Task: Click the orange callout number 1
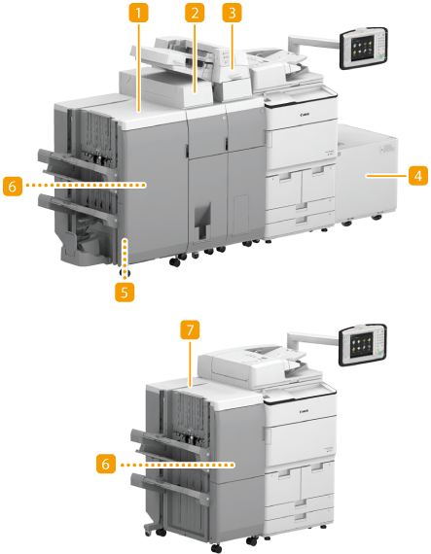coord(138,13)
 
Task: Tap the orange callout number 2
coord(195,13)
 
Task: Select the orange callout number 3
coord(232,13)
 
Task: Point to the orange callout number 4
coord(418,176)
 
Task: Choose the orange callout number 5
coord(125,292)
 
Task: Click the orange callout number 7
coord(191,330)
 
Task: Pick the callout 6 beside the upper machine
coord(13,186)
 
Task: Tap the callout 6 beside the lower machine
coord(106,464)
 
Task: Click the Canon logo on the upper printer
coord(305,115)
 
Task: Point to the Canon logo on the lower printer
coord(305,411)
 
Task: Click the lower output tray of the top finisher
coord(76,208)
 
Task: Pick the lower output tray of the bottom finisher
coord(169,488)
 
